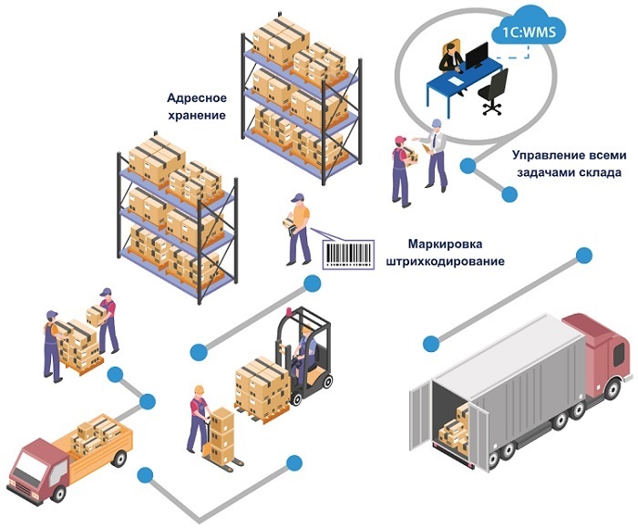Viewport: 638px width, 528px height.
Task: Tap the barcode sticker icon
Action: click(347, 252)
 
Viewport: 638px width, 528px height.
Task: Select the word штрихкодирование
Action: click(445, 262)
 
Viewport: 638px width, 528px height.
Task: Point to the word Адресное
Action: click(196, 97)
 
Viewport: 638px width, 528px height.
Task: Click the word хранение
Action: click(196, 115)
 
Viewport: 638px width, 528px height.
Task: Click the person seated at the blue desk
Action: click(449, 57)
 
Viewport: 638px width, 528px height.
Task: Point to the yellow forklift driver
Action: click(304, 351)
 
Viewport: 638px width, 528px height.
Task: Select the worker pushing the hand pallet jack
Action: click(197, 418)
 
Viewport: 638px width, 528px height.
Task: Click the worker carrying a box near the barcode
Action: click(297, 227)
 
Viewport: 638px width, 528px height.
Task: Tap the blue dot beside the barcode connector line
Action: click(313, 284)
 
